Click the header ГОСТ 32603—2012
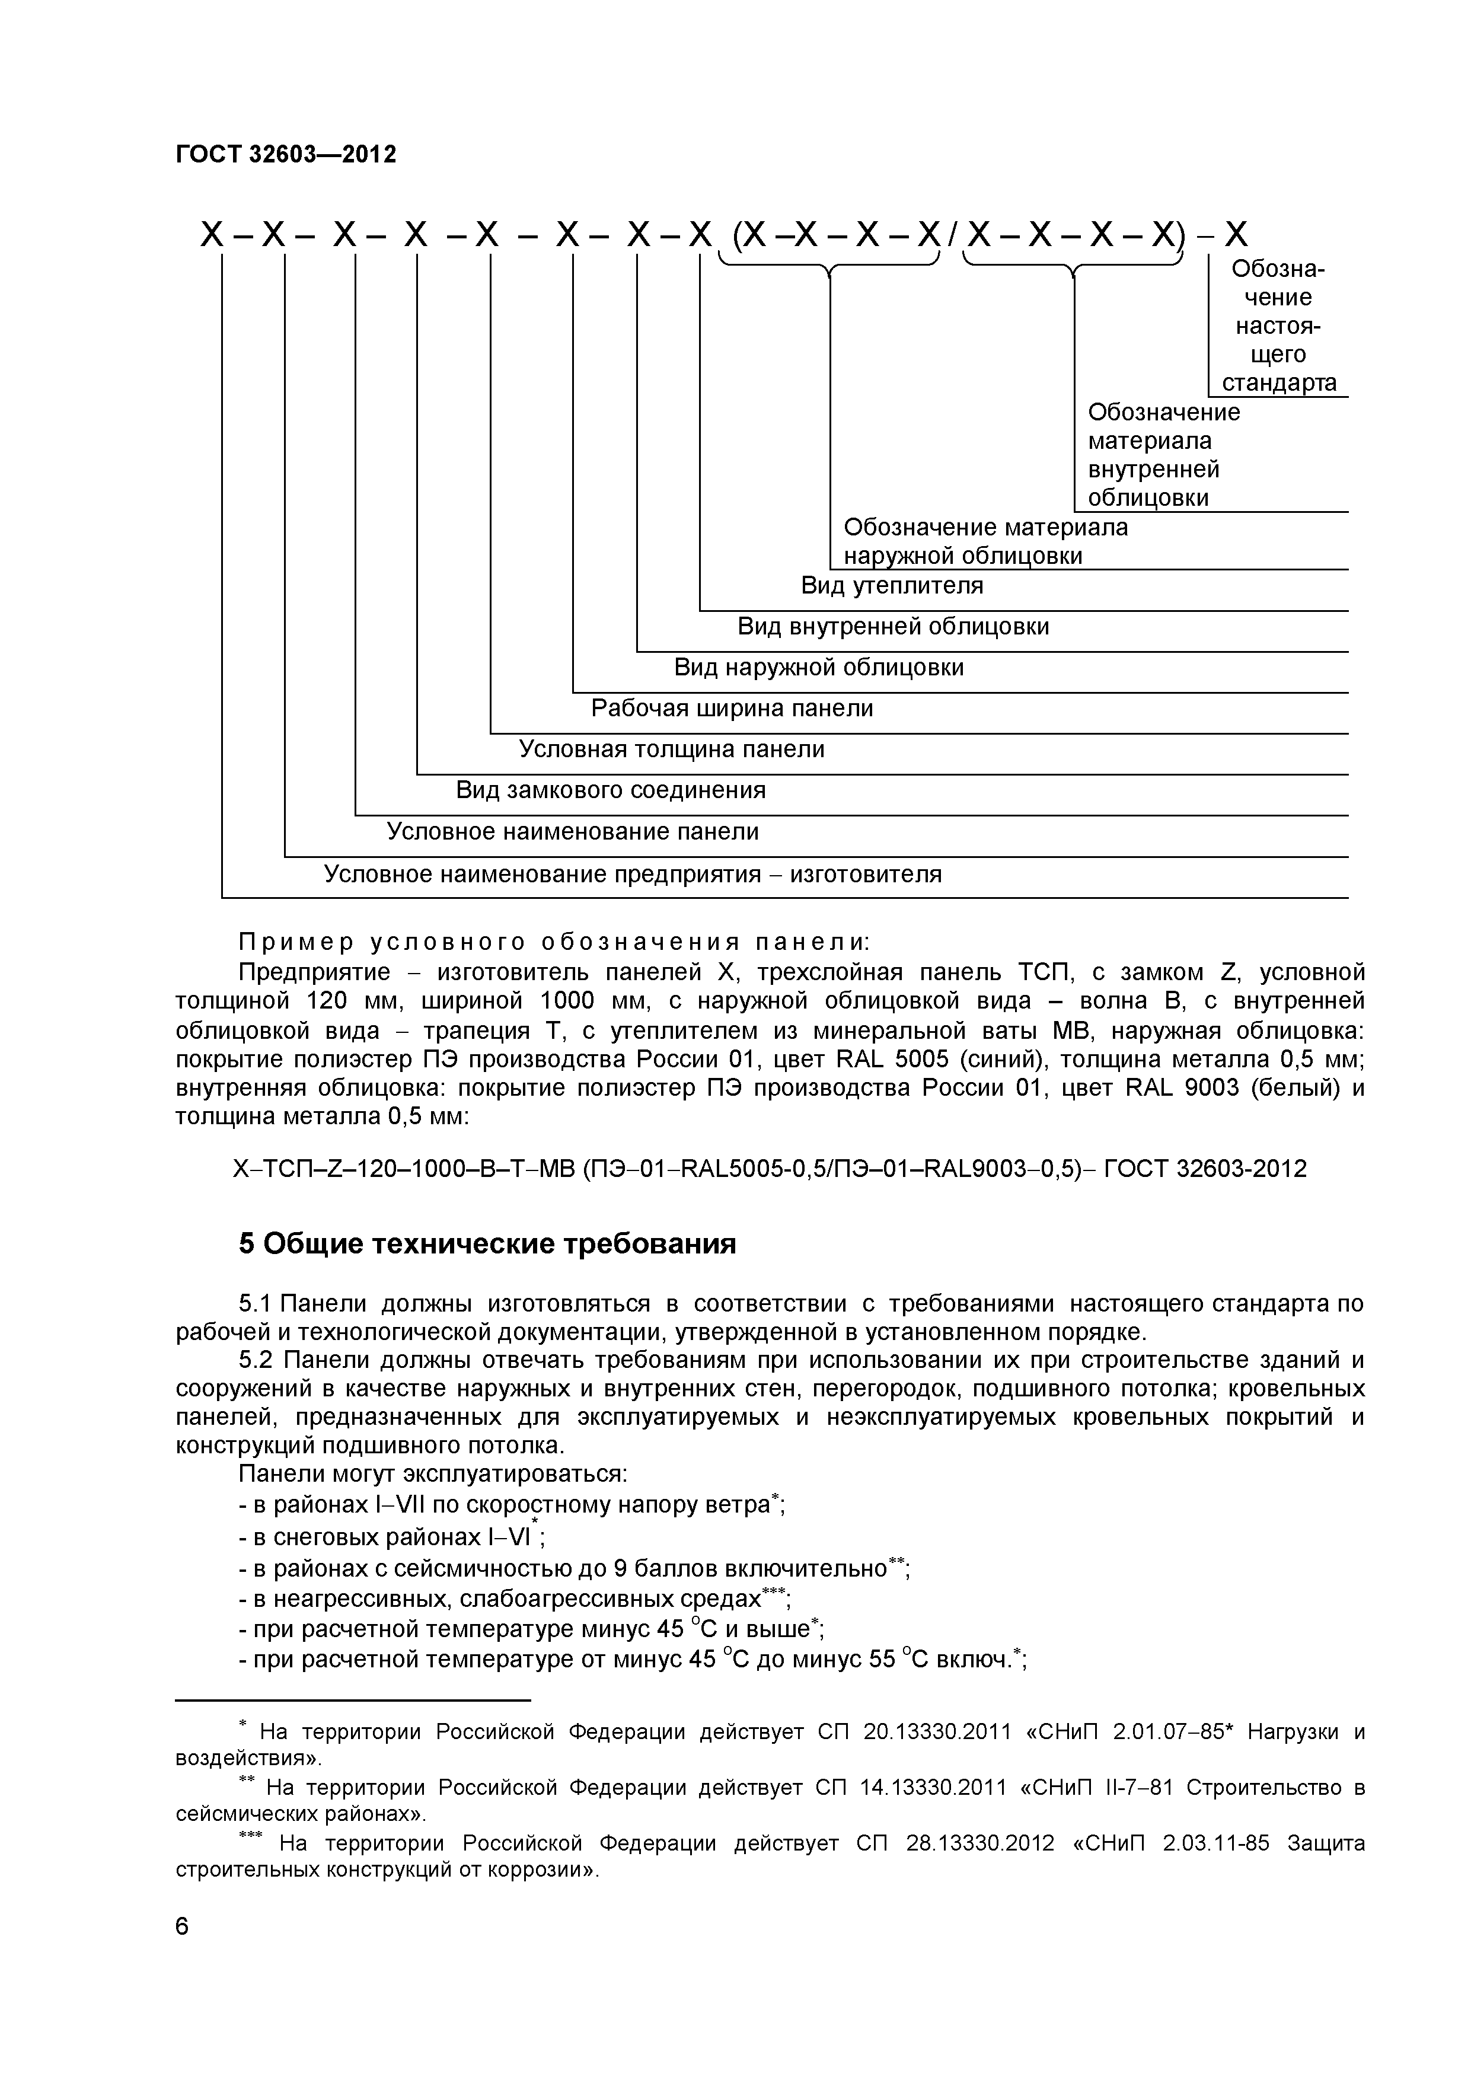(x=285, y=155)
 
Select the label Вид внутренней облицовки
(x=892, y=626)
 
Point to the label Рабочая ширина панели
(x=732, y=709)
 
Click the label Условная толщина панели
(x=671, y=749)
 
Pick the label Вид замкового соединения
(x=611, y=790)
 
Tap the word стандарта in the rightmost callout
(x=1279, y=382)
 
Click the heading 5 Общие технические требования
(x=487, y=1245)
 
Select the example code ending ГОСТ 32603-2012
(x=770, y=1169)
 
